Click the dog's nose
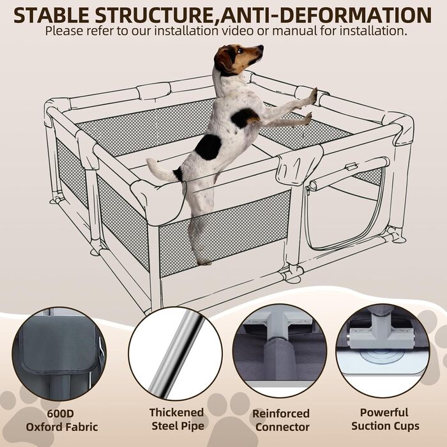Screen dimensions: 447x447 tap(261, 47)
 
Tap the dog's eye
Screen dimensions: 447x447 tap(239, 50)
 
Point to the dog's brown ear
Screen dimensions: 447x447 tap(223, 59)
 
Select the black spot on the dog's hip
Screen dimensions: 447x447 tap(208, 147)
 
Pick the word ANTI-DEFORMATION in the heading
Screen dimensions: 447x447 tap(326, 15)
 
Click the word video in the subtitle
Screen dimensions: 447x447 tap(238, 31)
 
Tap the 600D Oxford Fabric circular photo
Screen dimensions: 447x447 tap(59, 354)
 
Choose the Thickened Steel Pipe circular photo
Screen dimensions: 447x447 tap(175, 354)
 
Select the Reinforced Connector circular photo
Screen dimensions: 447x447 tap(280, 351)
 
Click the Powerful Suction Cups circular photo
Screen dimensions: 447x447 tap(383, 351)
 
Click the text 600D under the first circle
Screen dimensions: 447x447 tap(61, 413)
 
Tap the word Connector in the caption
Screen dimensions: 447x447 tap(282, 427)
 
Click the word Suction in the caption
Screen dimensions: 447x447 tap(369, 426)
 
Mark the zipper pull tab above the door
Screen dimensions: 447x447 tap(351, 167)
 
